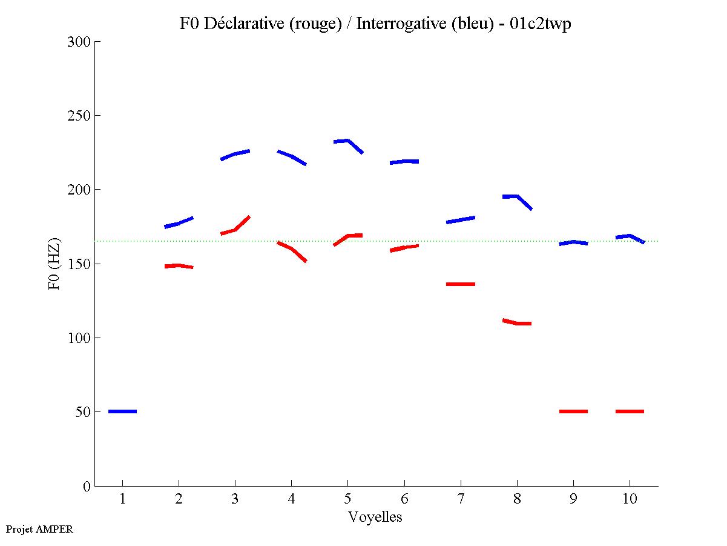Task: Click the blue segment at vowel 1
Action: pyautogui.click(x=122, y=411)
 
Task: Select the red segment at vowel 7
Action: pyautogui.click(x=461, y=284)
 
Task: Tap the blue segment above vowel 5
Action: pyautogui.click(x=347, y=142)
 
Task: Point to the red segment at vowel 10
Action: pyautogui.click(x=630, y=411)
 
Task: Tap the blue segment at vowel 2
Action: pyautogui.click(x=179, y=224)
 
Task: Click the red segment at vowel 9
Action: pyautogui.click(x=573, y=411)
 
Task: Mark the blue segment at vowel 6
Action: pyautogui.click(x=404, y=162)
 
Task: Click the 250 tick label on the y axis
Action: pyautogui.click(x=79, y=116)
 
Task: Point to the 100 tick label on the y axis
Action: pyautogui.click(x=79, y=338)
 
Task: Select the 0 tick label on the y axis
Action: pyautogui.click(x=87, y=486)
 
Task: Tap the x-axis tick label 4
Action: pyautogui.click(x=291, y=500)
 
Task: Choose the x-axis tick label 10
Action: pyautogui.click(x=630, y=500)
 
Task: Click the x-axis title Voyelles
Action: pyautogui.click(x=375, y=518)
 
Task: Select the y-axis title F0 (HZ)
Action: pyautogui.click(x=54, y=264)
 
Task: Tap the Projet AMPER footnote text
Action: pyautogui.click(x=39, y=529)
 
